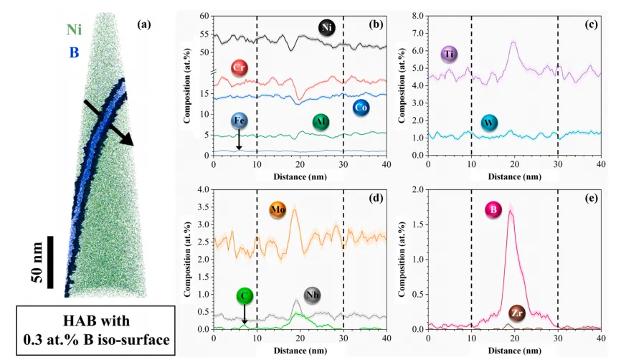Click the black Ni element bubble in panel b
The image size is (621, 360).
328,28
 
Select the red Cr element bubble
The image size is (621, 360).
240,68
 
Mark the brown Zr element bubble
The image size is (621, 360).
516,312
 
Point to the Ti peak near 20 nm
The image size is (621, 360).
513,43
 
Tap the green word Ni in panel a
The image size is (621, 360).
74,29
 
